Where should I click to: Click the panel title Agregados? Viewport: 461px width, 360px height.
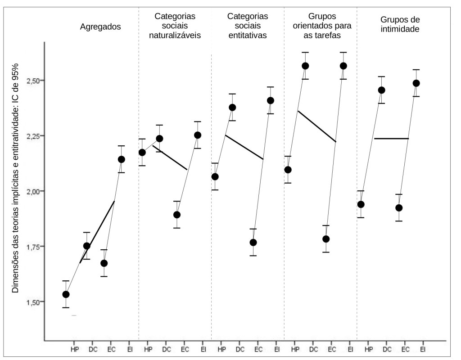click(100, 27)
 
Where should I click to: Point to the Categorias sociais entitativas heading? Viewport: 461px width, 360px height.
click(248, 26)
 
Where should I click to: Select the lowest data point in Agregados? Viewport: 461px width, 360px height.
click(66, 294)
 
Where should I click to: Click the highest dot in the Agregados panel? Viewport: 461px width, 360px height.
click(121, 159)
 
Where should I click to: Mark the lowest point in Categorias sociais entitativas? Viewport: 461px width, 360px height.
click(253, 243)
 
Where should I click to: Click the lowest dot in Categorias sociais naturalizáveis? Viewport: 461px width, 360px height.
click(177, 215)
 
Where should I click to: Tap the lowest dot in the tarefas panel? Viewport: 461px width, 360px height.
click(326, 239)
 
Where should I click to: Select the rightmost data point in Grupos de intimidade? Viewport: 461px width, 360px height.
click(416, 83)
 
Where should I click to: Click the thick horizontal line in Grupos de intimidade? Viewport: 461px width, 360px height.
click(391, 139)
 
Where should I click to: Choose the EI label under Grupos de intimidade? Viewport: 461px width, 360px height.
click(423, 349)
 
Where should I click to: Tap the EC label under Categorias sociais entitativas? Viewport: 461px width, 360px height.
click(258, 349)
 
